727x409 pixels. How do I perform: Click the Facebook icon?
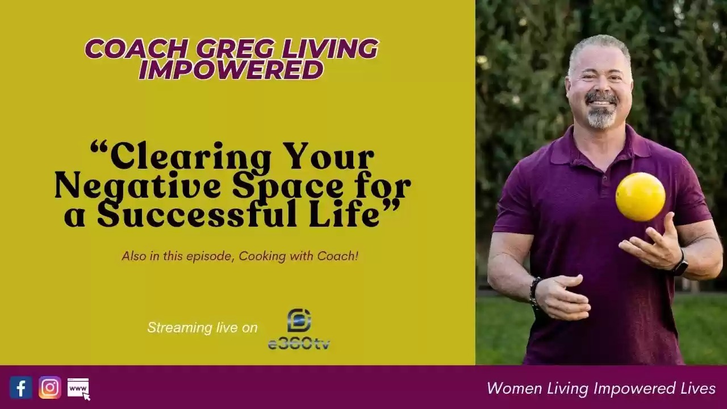(21, 387)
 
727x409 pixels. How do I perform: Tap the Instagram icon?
(50, 387)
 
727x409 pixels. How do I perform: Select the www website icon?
(78, 389)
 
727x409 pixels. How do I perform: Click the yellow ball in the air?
(640, 197)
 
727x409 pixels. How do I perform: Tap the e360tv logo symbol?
(299, 320)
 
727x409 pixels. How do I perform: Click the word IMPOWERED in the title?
(231, 69)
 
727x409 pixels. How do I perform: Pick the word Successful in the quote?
(197, 215)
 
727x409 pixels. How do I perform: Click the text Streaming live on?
(203, 328)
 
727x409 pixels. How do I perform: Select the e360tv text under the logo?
(299, 344)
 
